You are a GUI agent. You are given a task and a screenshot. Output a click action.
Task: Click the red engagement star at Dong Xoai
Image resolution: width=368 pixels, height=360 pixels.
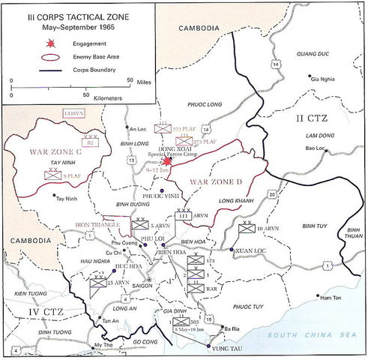click(166, 161)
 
